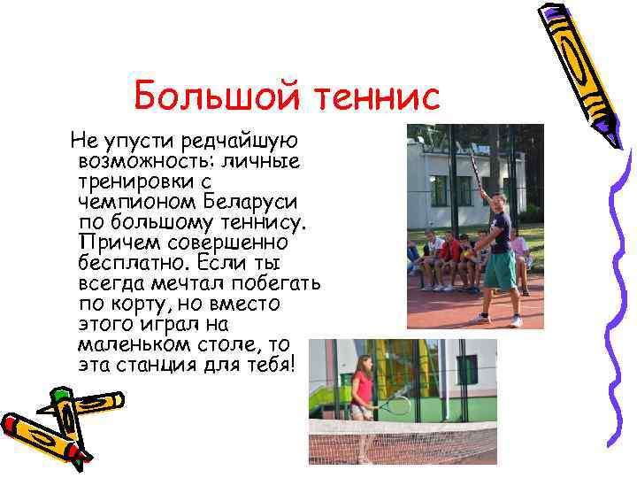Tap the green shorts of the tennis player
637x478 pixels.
(x=500, y=271)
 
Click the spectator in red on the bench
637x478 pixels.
(x=451, y=252)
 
